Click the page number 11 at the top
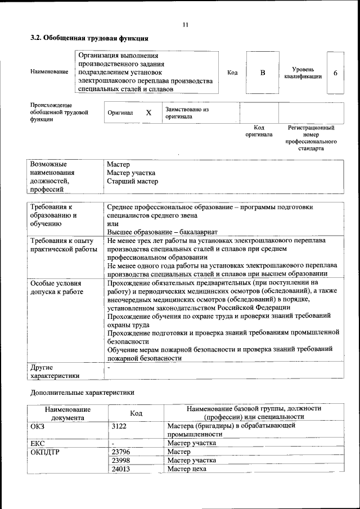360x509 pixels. tap(185, 24)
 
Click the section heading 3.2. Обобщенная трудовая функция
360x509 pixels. tap(89, 39)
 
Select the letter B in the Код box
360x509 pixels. tap(262, 73)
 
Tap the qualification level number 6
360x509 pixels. tap(336, 73)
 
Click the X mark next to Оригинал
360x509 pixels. tap(148, 112)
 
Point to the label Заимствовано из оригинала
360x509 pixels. tap(187, 112)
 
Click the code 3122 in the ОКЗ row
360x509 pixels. tap(120, 426)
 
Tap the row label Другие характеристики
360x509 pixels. tap(55, 371)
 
